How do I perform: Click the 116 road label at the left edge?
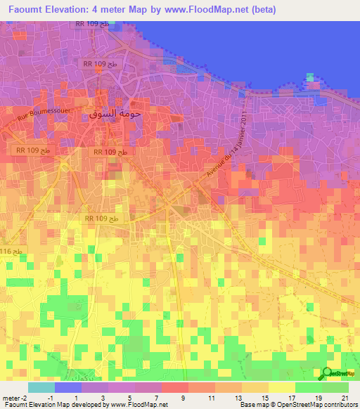10,251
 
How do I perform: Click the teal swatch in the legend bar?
41,387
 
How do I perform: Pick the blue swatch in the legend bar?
68,387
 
